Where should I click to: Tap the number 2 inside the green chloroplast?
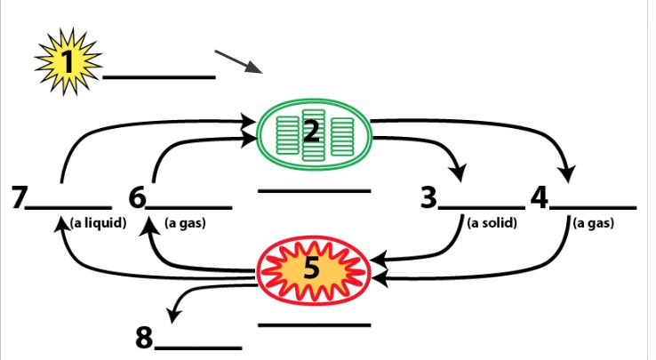point(311,132)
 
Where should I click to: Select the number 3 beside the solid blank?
point(430,196)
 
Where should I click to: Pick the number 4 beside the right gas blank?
point(540,196)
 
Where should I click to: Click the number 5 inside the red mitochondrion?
point(311,267)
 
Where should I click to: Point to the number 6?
point(136,196)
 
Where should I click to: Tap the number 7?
point(17,196)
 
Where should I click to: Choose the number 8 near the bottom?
point(145,338)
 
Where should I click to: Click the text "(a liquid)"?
point(97,222)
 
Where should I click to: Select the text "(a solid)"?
point(492,222)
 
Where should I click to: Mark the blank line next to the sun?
point(159,77)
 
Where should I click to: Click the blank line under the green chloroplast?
point(314,190)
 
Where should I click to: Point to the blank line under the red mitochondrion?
point(314,324)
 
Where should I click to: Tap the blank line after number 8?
point(201,347)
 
